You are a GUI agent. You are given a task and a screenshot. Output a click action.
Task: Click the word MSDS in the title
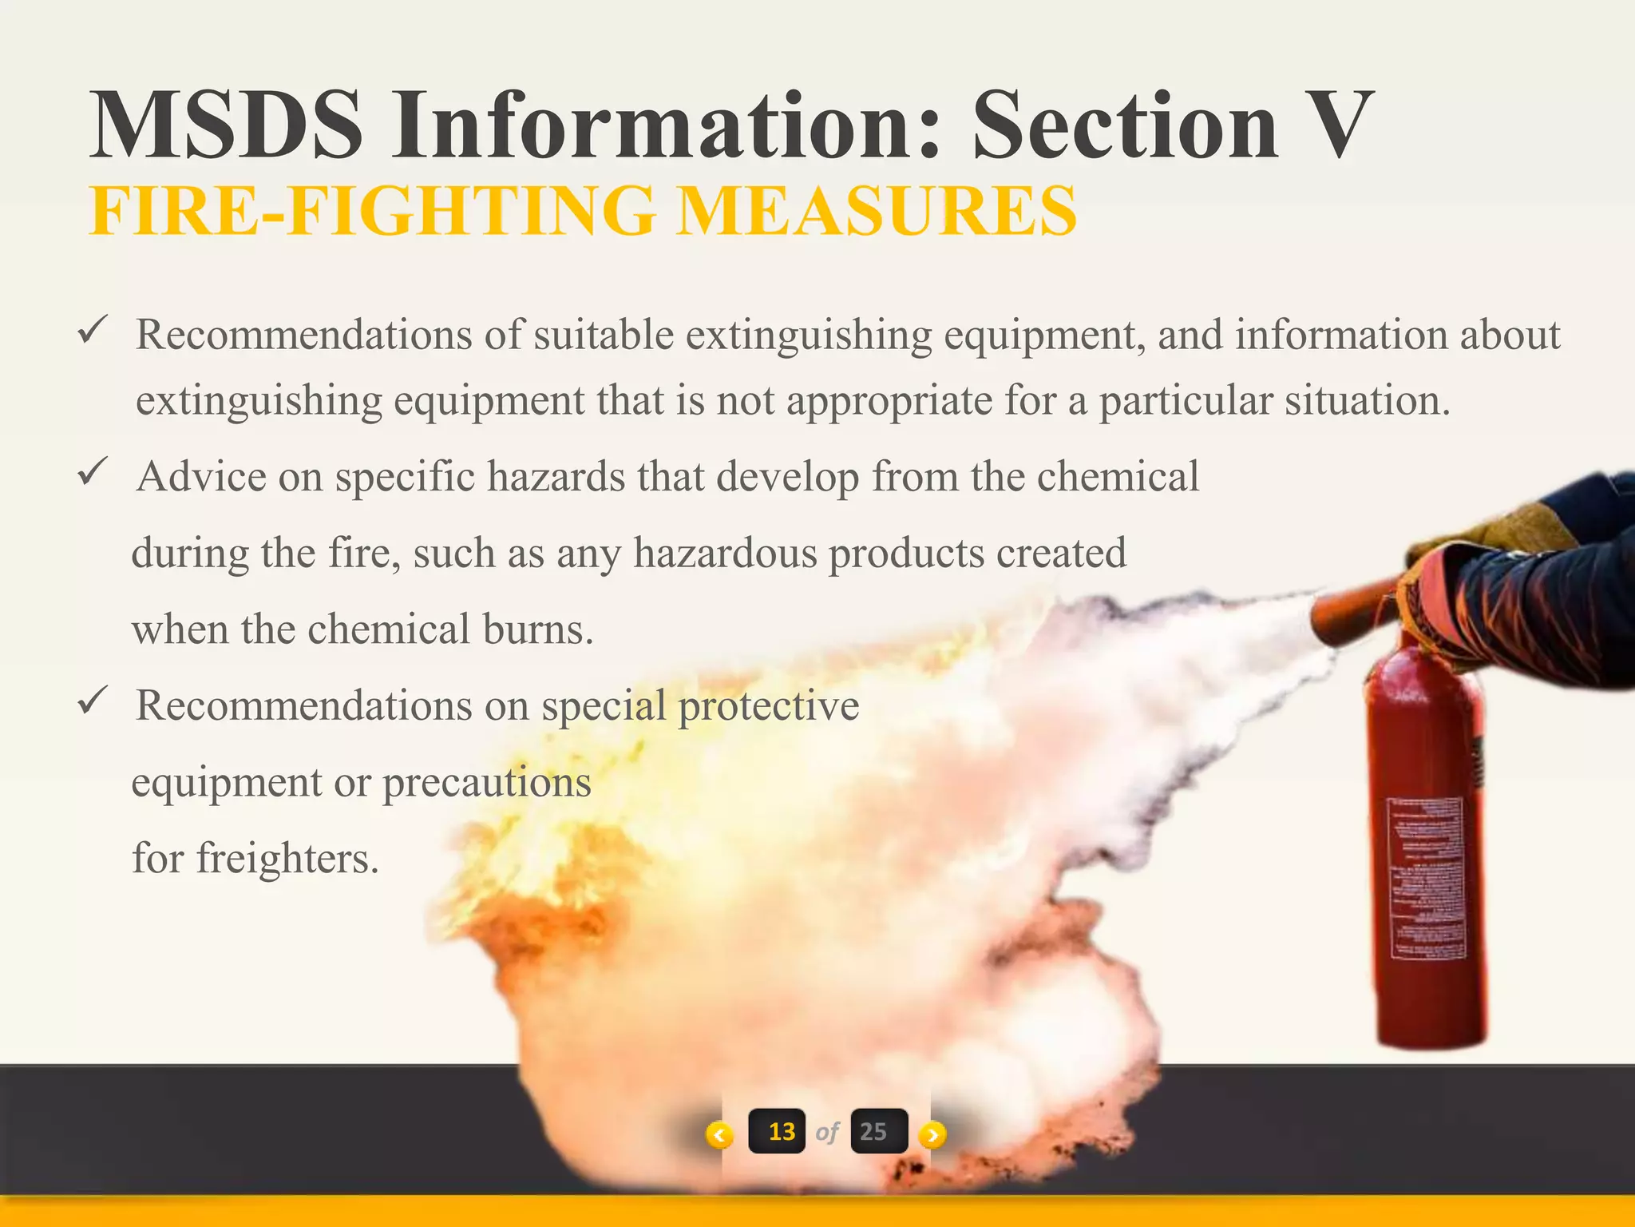(226, 126)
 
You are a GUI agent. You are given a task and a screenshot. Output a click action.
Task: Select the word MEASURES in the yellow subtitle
(876, 211)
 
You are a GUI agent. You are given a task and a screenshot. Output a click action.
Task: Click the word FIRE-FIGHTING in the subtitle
(373, 211)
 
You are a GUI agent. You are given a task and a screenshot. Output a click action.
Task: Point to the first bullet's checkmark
(93, 329)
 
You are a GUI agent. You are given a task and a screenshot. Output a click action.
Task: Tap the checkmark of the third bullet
(93, 701)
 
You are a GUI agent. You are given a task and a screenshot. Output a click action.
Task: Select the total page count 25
(874, 1131)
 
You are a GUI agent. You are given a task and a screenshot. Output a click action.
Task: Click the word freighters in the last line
(287, 859)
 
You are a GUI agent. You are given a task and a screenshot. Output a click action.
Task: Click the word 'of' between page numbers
(828, 1132)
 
